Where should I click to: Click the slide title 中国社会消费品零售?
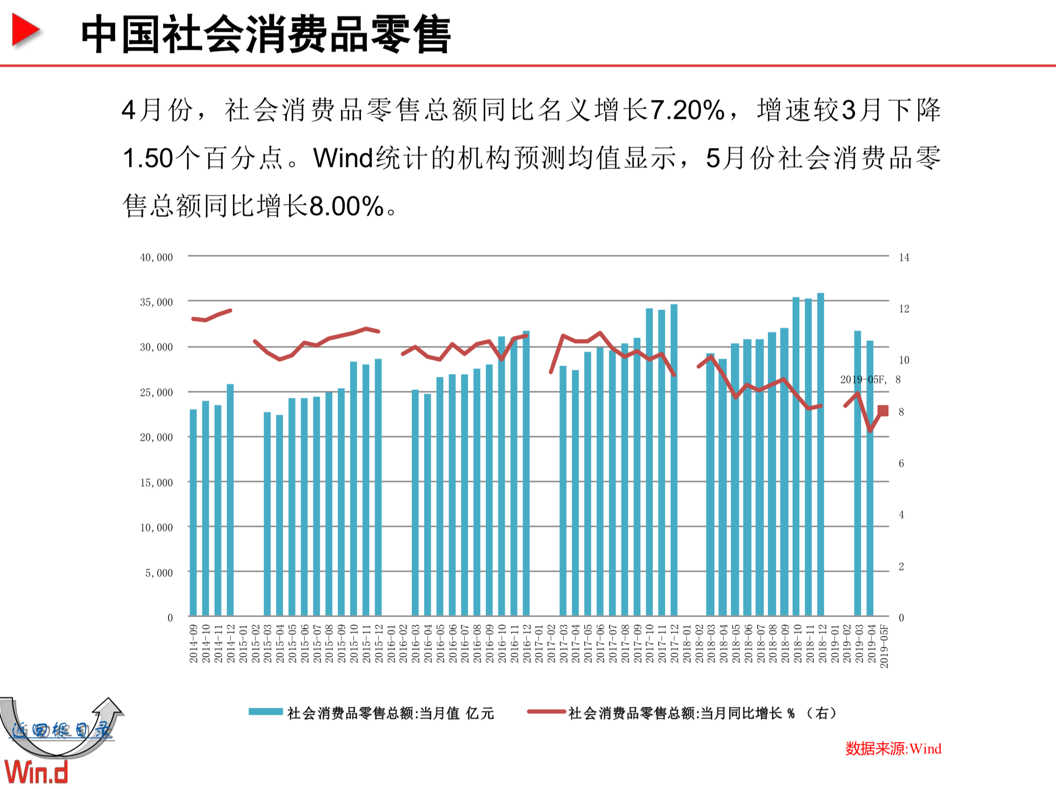click(x=265, y=35)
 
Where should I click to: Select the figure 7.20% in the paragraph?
click(x=686, y=110)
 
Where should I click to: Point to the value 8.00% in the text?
click(x=346, y=206)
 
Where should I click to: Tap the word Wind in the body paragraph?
click(x=343, y=158)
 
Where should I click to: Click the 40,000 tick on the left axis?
click(x=156, y=257)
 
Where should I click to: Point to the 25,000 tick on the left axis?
click(x=156, y=392)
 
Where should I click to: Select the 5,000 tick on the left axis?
click(x=159, y=573)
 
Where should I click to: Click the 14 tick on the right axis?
click(x=904, y=257)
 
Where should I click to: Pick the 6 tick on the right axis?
click(x=901, y=463)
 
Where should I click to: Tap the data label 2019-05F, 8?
click(x=870, y=379)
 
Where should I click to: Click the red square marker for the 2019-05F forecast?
click(x=883, y=411)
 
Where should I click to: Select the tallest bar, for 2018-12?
click(x=820, y=454)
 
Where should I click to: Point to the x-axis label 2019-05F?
click(x=884, y=646)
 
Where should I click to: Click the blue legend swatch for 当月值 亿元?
click(x=265, y=712)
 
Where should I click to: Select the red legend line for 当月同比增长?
click(x=546, y=712)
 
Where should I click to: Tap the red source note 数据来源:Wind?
click(x=893, y=748)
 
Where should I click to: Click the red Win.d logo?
click(x=37, y=772)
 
